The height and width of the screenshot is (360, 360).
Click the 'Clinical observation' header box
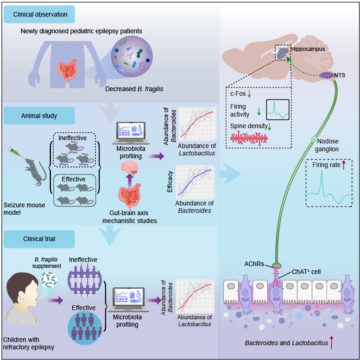pyautogui.click(x=40, y=15)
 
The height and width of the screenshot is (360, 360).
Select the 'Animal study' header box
pyautogui.click(x=39, y=115)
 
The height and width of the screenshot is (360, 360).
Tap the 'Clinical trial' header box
pyautogui.click(x=39, y=239)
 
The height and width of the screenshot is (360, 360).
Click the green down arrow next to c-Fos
pyautogui.click(x=249, y=94)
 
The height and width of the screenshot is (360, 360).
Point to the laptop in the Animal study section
pyautogui.click(x=131, y=132)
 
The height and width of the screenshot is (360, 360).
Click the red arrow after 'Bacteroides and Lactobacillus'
pyautogui.click(x=332, y=343)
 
